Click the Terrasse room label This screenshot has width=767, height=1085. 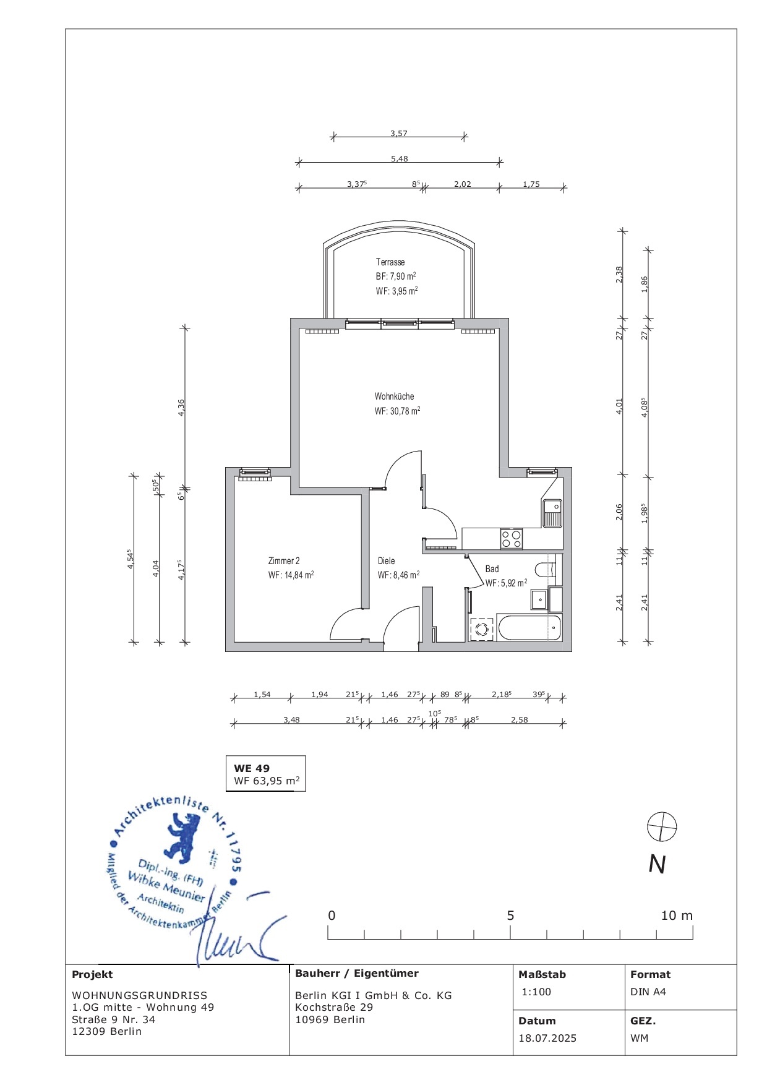[390, 262]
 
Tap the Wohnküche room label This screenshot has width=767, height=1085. [394, 397]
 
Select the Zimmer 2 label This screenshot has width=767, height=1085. [284, 561]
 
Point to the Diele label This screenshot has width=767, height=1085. [387, 561]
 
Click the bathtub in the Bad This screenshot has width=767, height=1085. [529, 628]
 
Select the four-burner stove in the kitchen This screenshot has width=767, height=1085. [512, 539]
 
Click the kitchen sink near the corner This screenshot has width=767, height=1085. [552, 513]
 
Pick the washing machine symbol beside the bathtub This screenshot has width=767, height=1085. [482, 629]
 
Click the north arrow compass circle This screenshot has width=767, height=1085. [662, 826]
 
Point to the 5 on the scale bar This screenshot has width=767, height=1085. [510, 916]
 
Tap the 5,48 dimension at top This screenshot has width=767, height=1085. [400, 159]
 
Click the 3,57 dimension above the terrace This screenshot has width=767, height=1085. [399, 133]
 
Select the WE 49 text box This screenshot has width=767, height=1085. [266, 774]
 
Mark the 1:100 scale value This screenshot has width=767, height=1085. [536, 992]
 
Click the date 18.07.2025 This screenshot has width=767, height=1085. [547, 1038]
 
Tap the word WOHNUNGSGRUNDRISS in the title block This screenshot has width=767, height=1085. [140, 995]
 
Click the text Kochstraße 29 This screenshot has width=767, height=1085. [334, 1007]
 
